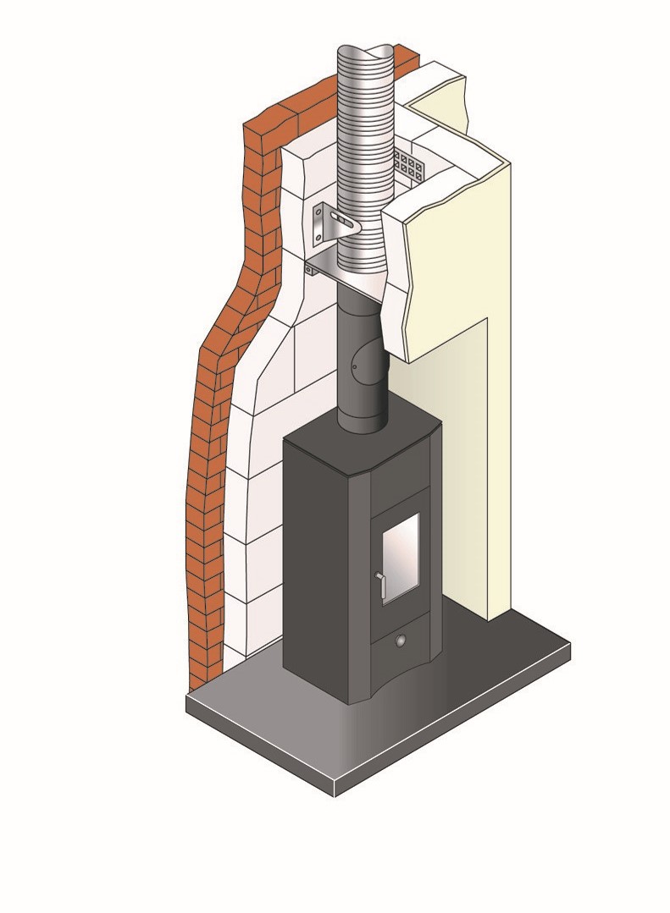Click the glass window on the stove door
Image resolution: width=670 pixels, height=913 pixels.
(x=400, y=558)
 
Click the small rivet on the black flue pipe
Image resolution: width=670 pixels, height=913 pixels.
(x=356, y=366)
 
